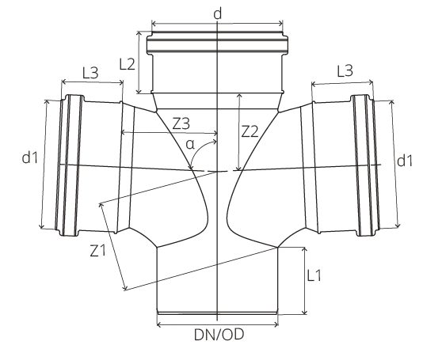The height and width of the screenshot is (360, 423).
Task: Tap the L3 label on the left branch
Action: click(x=90, y=72)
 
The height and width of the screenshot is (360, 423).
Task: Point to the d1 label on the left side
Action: click(x=30, y=158)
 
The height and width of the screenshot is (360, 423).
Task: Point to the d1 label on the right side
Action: click(x=404, y=161)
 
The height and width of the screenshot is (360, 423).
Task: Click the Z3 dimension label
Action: click(x=181, y=123)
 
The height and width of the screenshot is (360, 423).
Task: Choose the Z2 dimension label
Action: click(x=250, y=131)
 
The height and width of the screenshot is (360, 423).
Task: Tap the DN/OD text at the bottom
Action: click(x=218, y=335)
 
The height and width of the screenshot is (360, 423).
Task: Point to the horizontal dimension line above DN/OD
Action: click(x=218, y=322)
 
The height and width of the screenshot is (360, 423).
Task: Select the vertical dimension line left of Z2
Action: click(x=237, y=131)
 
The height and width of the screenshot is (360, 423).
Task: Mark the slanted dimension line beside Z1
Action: click(x=112, y=246)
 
